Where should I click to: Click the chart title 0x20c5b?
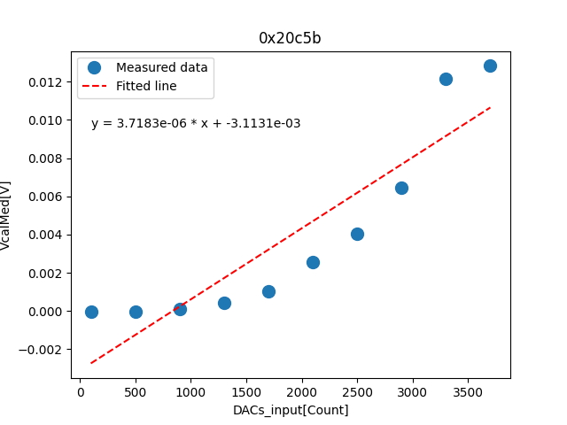tap(290, 38)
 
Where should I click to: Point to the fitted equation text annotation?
tap(196, 124)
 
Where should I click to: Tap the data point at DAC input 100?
tap(91, 312)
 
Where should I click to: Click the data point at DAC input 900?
tap(180, 309)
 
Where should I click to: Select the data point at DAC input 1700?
tap(268, 291)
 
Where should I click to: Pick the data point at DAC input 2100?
tap(313, 262)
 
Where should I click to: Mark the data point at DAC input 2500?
tap(357, 234)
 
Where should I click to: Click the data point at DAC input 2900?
tap(401, 188)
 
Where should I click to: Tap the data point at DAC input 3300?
tap(446, 79)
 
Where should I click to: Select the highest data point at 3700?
tap(490, 66)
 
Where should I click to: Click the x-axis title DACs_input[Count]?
tap(291, 410)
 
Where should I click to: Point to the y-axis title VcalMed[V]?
tap(7, 215)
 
